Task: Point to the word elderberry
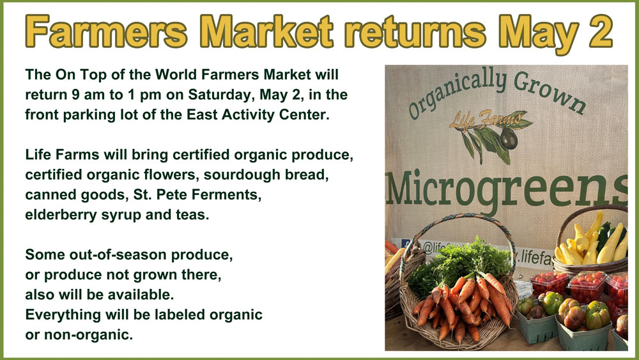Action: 61,215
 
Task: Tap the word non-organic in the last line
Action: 88,335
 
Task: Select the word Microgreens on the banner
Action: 507,189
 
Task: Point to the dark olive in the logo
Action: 509,139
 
